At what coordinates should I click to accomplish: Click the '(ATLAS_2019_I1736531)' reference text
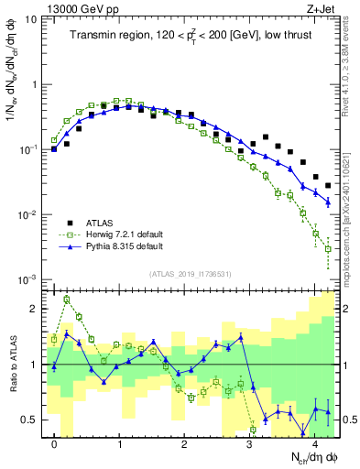click(x=191, y=272)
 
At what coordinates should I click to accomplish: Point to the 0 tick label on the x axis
click(x=55, y=443)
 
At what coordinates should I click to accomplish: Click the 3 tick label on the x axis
click(x=250, y=443)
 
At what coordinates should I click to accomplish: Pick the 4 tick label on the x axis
click(x=315, y=443)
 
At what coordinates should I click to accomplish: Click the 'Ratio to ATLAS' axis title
click(x=12, y=364)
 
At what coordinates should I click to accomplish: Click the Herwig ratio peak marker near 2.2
click(x=67, y=299)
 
